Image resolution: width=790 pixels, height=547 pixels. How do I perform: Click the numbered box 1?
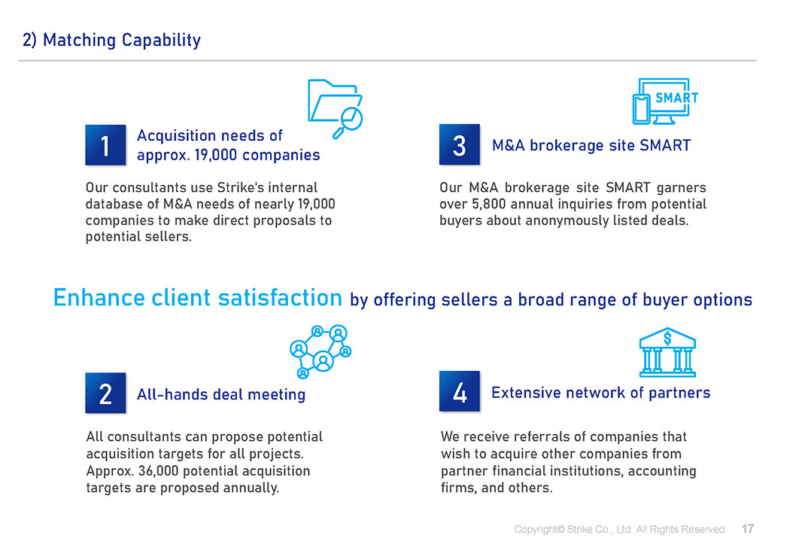coord(105,145)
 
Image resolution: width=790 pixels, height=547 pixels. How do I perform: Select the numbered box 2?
coord(105,393)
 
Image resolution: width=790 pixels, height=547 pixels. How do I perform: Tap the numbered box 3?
coord(460,144)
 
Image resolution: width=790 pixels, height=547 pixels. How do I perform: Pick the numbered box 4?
coord(460,391)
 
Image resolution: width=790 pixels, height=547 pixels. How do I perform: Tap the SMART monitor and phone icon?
coord(665,102)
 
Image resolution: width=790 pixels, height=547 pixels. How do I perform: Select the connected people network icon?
coord(321,351)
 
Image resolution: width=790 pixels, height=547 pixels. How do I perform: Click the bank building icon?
coord(667,352)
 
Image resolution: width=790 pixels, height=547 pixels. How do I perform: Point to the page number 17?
coord(748,528)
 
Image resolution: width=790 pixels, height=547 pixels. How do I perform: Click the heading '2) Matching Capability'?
coord(112,40)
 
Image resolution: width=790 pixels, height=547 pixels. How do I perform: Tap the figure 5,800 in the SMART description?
coord(489,204)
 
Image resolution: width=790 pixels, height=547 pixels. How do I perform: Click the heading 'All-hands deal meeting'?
coord(221,394)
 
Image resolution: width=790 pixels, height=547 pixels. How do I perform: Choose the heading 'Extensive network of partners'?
coord(600,392)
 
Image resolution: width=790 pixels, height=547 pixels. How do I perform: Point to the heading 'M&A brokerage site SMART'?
coord(591,145)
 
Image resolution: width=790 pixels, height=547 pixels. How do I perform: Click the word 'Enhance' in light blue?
coord(99,298)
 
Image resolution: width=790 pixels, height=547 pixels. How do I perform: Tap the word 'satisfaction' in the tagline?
coord(280,298)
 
